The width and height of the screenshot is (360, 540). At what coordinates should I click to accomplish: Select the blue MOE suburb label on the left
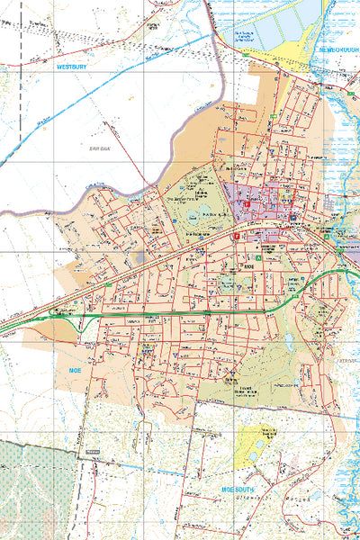coord(76,370)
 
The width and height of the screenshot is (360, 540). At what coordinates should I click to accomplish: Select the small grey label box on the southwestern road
coord(91,452)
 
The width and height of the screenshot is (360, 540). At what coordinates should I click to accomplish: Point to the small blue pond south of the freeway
coord(288,342)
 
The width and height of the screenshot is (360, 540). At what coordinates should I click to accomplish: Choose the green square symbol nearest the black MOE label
coord(257,258)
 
